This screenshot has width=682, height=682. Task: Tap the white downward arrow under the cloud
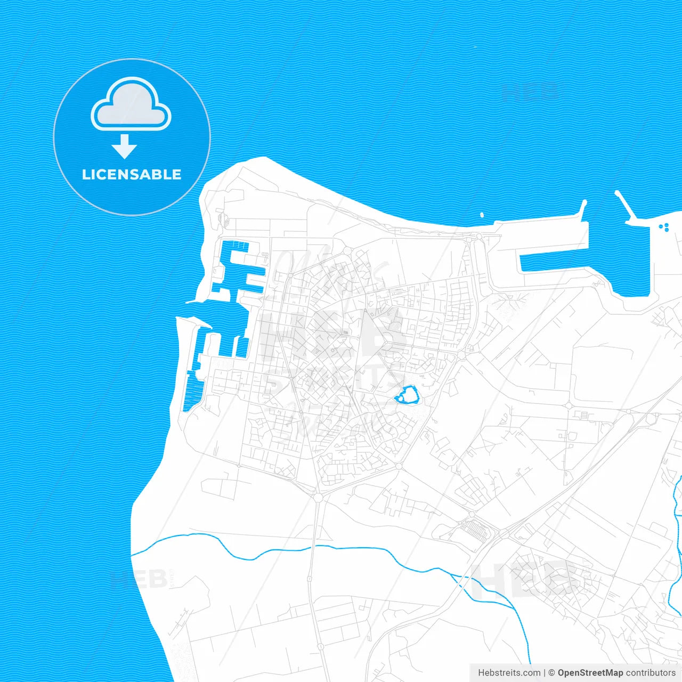[124, 146]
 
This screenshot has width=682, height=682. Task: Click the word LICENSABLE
[132, 174]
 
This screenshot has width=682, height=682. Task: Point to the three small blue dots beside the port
[664, 228]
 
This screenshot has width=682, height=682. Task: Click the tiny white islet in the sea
[482, 215]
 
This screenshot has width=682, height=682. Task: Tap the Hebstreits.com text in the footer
[509, 673]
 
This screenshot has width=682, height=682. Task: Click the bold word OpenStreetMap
[590, 673]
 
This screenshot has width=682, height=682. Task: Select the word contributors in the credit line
[651, 673]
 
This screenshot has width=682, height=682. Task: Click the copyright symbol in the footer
[552, 673]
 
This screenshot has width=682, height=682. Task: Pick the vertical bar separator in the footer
[545, 673]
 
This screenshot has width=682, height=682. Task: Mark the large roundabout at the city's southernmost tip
[319, 498]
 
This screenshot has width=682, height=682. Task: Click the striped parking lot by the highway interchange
[475, 529]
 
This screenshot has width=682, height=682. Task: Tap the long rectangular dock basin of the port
[554, 261]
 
